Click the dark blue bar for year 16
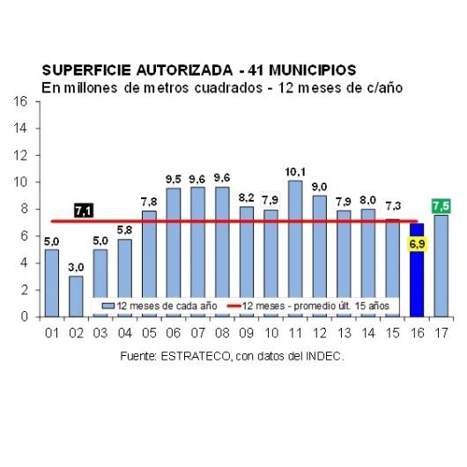coord(417,270)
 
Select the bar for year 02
coord(76,296)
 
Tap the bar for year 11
coord(295,248)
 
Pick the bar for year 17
coord(441,266)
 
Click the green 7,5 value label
coord(441,206)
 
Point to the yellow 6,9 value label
coord(417,244)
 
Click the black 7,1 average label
coord(84,211)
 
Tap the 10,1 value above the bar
coord(295,172)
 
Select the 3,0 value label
coord(76,268)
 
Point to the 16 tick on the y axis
coord(20,101)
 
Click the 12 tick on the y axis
coord(20,155)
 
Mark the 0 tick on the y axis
coord(24,316)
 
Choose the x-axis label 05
coord(149,333)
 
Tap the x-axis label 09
coord(247,333)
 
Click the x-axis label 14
coord(368,333)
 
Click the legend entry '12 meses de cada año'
coord(159,306)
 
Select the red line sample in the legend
coord(233,306)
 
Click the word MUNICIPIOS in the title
coord(313,70)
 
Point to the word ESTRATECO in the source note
coord(196,356)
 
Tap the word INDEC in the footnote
coord(323,356)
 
